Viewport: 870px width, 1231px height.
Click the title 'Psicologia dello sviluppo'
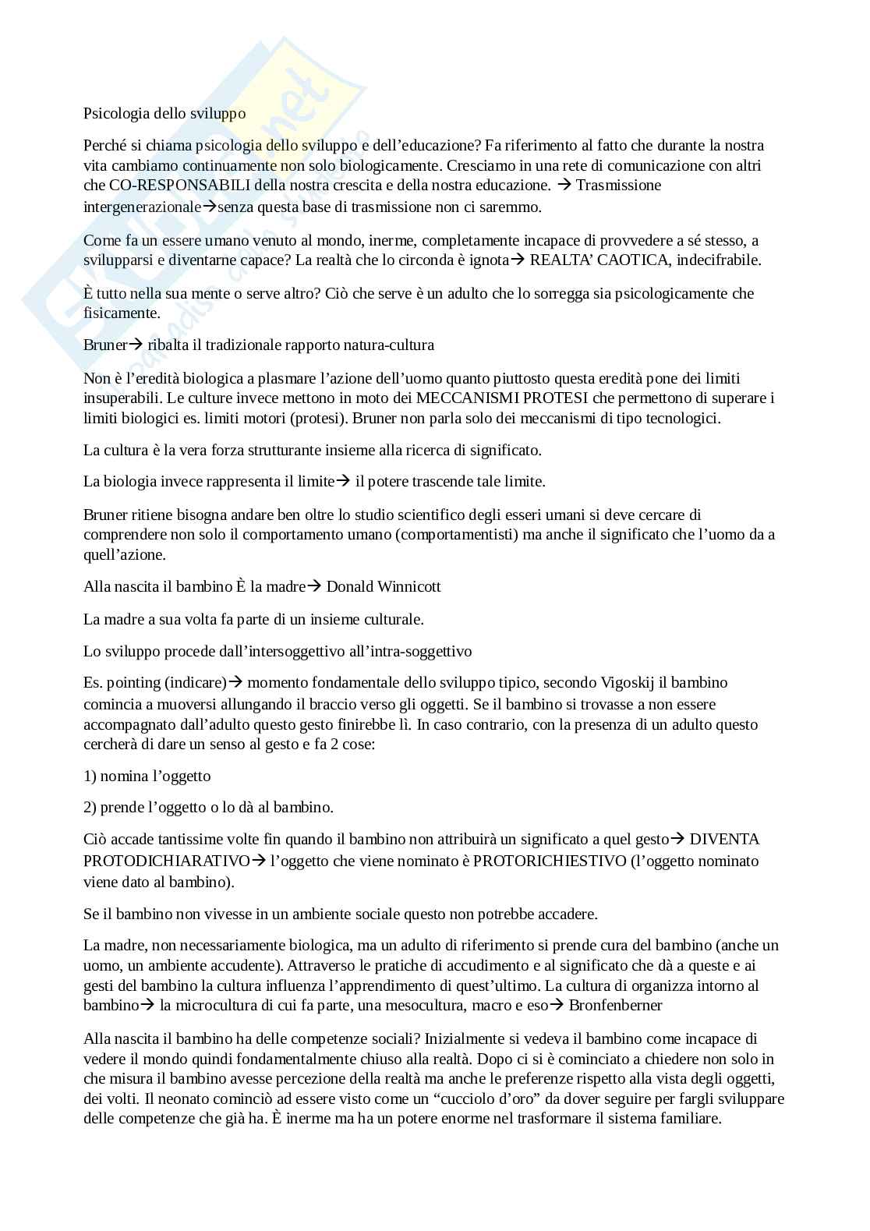click(x=164, y=114)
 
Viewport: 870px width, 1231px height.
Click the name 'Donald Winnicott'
click(x=384, y=586)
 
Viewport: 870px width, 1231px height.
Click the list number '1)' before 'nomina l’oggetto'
click(x=90, y=776)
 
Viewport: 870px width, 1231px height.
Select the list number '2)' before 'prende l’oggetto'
click(x=90, y=808)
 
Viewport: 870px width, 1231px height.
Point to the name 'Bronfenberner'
click(x=616, y=1006)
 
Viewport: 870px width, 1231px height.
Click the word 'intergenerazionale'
click(x=142, y=207)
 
